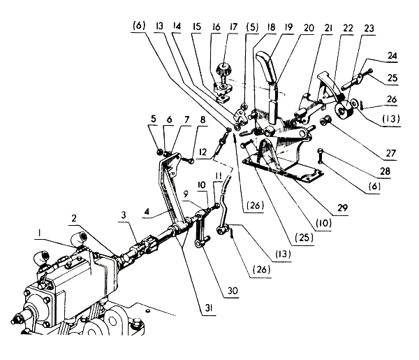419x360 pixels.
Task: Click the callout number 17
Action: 233,27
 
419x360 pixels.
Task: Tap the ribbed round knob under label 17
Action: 222,69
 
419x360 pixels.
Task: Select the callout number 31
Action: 209,308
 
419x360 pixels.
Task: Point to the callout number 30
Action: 233,291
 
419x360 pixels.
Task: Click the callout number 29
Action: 343,208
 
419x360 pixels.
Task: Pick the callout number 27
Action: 390,153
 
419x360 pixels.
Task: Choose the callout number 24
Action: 392,56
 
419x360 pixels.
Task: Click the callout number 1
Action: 40,233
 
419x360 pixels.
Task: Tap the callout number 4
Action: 147,211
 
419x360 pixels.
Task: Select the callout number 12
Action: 203,152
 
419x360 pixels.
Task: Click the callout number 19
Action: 288,27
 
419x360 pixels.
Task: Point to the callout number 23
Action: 369,29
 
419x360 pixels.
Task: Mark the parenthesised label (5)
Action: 252,27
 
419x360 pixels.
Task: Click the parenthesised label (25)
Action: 304,237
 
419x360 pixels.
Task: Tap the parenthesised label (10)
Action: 323,222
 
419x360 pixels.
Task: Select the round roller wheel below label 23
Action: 344,110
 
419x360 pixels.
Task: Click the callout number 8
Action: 203,120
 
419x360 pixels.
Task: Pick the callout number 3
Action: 123,215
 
